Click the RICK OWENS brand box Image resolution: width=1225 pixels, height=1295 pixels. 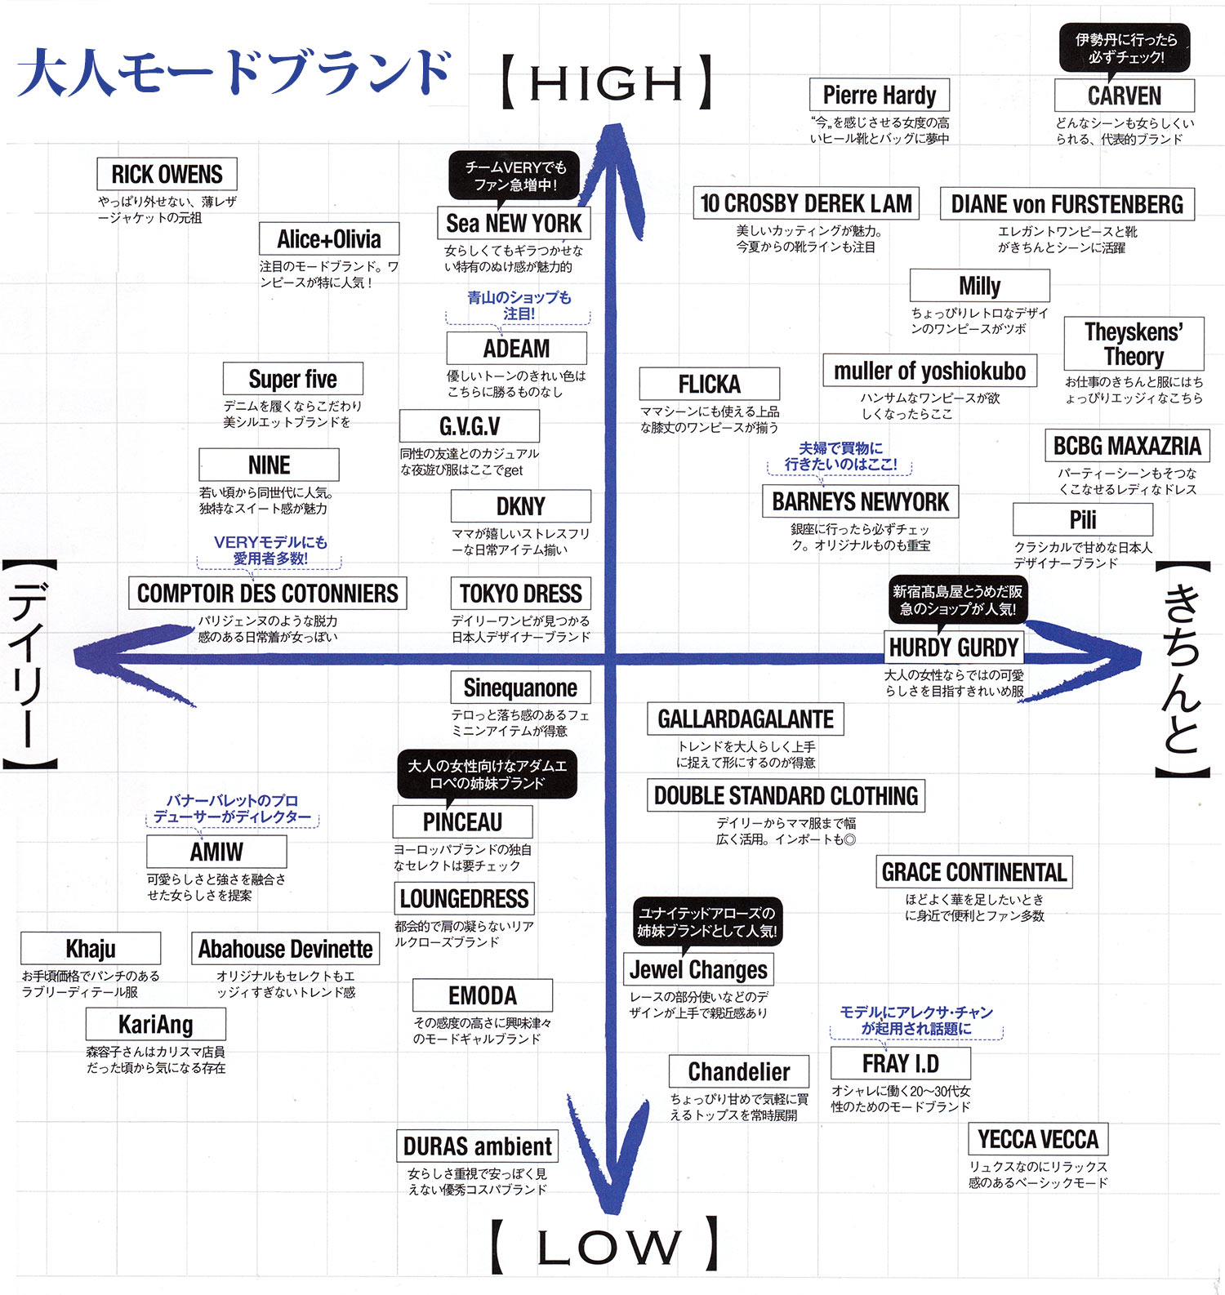pyautogui.click(x=167, y=174)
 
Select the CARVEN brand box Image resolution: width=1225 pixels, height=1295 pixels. pyautogui.click(x=1124, y=96)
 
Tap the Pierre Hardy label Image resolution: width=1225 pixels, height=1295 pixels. pyautogui.click(x=879, y=95)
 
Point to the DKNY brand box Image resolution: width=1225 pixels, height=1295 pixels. pyautogui.click(x=520, y=506)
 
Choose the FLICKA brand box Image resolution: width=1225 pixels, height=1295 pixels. pyautogui.click(x=709, y=384)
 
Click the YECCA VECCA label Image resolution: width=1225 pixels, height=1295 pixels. pyautogui.click(x=1037, y=1139)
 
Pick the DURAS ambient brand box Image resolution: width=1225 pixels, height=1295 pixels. pyautogui.click(x=477, y=1146)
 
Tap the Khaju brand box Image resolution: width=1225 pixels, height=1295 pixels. pyautogui.click(x=91, y=949)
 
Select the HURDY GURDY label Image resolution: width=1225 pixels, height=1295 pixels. pyautogui.click(x=953, y=647)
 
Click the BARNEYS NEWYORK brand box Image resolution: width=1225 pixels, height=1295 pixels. pyautogui.click(x=860, y=501)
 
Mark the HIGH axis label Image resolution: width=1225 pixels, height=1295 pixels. pyautogui.click(x=606, y=82)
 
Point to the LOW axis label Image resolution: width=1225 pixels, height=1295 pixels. pyautogui.click(x=606, y=1246)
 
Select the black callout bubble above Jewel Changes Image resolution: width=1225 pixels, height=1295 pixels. pyautogui.click(x=707, y=922)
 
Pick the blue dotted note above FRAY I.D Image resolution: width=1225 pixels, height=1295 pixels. pyautogui.click(x=916, y=1021)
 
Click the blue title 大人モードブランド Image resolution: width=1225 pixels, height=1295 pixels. pyautogui.click(x=235, y=72)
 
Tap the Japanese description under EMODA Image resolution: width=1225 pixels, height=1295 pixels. pyautogui.click(x=482, y=1030)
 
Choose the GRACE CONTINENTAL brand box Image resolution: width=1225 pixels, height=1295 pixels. pyautogui.click(x=973, y=872)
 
